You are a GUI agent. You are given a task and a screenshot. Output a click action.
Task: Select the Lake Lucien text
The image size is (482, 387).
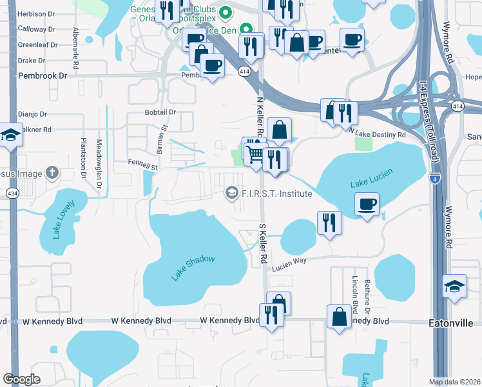click(370, 181)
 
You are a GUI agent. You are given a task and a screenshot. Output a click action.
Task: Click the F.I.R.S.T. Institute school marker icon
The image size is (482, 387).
click(230, 193)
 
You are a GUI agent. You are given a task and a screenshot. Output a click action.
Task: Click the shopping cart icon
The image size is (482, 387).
click(254, 153)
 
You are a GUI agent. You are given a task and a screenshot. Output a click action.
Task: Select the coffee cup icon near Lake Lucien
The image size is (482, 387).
click(367, 204)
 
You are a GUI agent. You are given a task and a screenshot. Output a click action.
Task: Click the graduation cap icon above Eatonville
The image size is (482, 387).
click(454, 286)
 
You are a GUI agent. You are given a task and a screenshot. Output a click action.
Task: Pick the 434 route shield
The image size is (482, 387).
click(12, 193)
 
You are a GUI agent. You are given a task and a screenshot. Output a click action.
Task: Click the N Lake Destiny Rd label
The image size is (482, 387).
click(378, 133)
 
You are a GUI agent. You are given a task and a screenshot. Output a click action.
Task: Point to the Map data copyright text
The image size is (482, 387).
click(455, 382)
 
